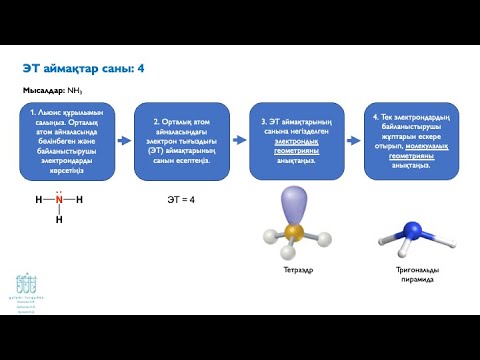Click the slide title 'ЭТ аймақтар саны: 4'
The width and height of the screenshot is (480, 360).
[x=84, y=68]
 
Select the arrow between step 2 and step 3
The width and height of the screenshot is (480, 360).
[x=244, y=141]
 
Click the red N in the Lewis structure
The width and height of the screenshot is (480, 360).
[x=59, y=199]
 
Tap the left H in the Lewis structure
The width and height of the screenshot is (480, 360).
[x=39, y=199]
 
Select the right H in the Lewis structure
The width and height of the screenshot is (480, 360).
[x=79, y=199]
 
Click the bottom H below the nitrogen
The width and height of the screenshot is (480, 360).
[x=59, y=219]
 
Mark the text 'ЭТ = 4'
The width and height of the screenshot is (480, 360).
[x=180, y=200]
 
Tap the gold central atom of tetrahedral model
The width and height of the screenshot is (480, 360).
[x=292, y=233]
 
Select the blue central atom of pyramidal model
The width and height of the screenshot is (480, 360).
[x=412, y=231]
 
